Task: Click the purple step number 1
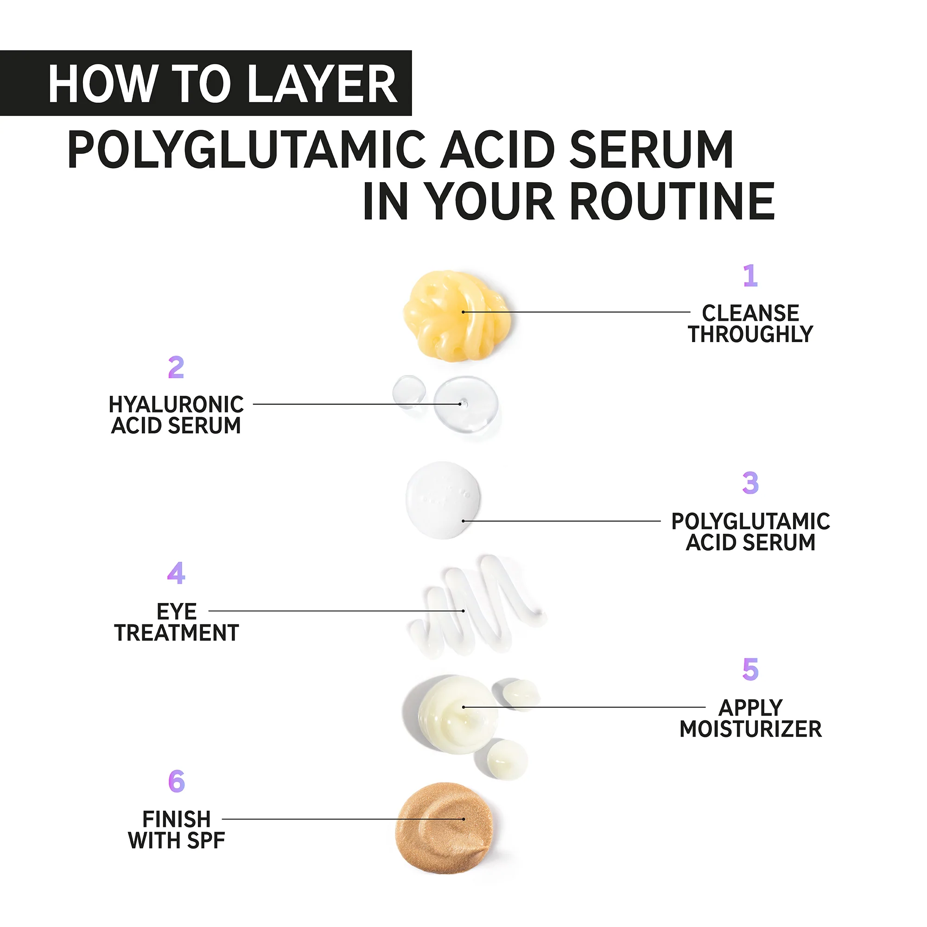pos(750,276)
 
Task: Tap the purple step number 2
pos(176,368)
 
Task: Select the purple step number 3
pos(750,483)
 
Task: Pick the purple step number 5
pos(750,669)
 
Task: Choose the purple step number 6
pos(177,781)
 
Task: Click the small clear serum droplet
pos(409,391)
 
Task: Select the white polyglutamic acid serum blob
pos(443,501)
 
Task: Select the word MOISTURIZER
pos(750,729)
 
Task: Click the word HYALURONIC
pos(176,405)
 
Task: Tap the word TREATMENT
pos(177,633)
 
